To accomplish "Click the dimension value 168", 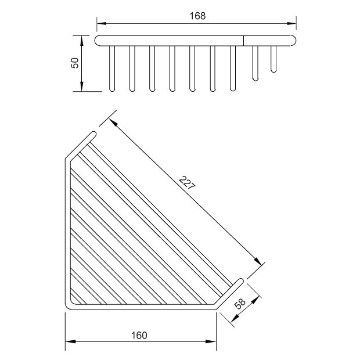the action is (197, 16).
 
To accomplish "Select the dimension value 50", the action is (75, 63).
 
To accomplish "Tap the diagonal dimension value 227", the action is (187, 183).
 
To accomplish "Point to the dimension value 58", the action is (240, 304).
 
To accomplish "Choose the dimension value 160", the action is (139, 336).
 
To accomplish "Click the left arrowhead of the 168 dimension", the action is (102, 23).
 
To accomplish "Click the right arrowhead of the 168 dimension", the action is (291, 23).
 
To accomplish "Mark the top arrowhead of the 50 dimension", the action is (81, 40).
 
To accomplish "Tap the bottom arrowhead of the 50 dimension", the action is (81, 87).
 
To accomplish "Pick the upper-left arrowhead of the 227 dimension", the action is (113, 123).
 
